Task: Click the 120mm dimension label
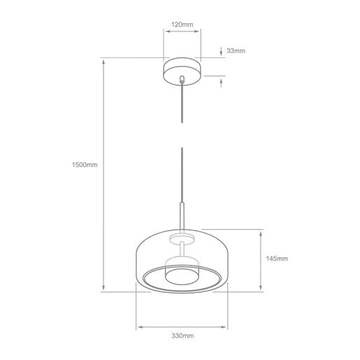(x=182, y=24)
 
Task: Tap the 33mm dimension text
(x=237, y=51)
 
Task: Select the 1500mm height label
(x=84, y=165)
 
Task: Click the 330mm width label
(x=182, y=336)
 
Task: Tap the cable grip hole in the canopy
(x=182, y=79)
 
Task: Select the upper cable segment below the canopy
(x=182, y=105)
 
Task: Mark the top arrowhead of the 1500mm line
(x=103, y=62)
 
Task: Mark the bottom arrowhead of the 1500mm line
(x=103, y=288)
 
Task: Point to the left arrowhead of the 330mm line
(x=140, y=325)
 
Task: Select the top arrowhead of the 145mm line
(x=260, y=233)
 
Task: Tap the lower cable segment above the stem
(x=182, y=175)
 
